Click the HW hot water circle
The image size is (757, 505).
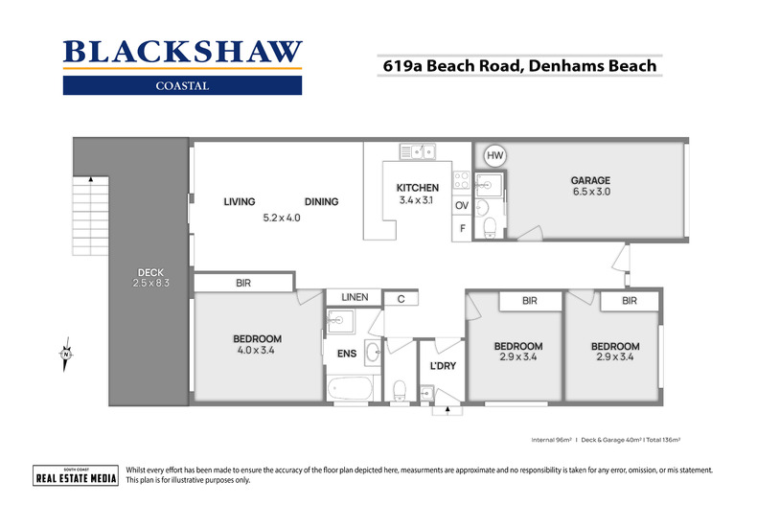[x=494, y=155]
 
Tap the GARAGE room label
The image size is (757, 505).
[x=590, y=180]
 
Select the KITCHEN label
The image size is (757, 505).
[x=417, y=188]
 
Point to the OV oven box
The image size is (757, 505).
[x=462, y=205]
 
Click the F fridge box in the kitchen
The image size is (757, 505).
[x=462, y=229]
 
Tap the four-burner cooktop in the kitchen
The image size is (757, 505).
[x=461, y=180]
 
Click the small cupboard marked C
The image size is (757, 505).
[x=401, y=298]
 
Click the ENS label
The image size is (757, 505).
[x=346, y=354]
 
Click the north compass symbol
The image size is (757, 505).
[x=65, y=355]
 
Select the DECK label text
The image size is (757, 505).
[x=150, y=271]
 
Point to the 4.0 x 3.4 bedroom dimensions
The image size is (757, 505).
[x=257, y=352]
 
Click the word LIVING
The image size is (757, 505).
[x=239, y=201]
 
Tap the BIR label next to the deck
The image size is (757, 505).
[x=242, y=284]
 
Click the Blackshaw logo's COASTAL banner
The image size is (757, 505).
[x=182, y=85]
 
